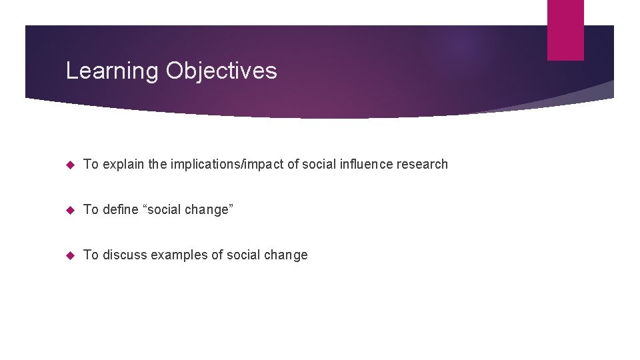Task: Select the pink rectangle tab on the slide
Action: (x=565, y=30)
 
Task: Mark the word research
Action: (x=424, y=164)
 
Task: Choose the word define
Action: (x=121, y=209)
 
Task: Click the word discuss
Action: (x=125, y=255)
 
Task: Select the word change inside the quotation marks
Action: (x=206, y=209)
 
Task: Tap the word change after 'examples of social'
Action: (x=285, y=255)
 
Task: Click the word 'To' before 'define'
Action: (x=91, y=209)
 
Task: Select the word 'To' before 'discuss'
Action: (x=91, y=255)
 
